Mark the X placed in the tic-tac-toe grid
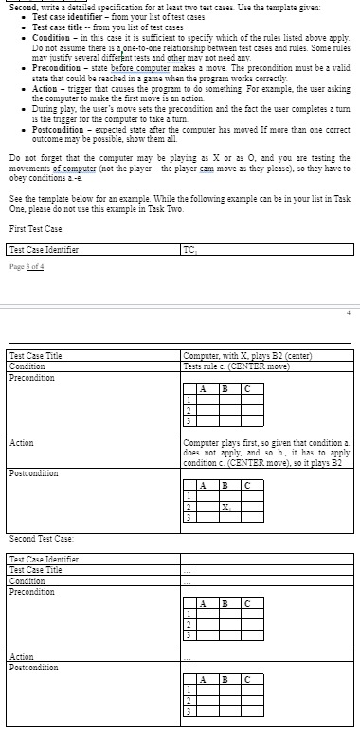click(226, 506)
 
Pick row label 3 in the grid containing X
click(190, 517)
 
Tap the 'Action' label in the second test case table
click(21, 656)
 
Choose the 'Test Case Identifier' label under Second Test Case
click(42, 559)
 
